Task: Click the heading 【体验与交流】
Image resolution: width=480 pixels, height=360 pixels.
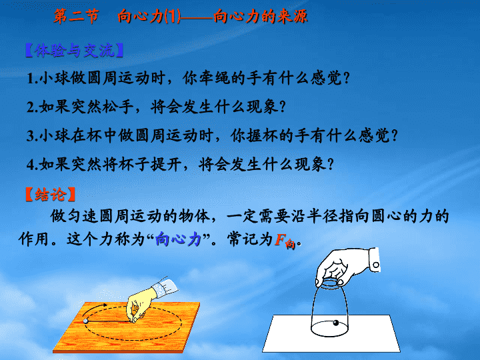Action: pos(75,51)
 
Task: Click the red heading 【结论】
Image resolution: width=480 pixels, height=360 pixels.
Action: pos(51,195)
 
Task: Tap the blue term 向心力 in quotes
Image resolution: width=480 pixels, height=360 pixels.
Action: pos(178,239)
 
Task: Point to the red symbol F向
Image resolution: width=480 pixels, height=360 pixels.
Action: pos(285,241)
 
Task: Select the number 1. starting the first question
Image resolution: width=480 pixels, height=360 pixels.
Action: pos(33,79)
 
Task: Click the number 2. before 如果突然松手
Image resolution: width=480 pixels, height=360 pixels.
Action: pos(33,107)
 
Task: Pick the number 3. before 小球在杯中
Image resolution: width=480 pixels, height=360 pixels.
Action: pos(33,136)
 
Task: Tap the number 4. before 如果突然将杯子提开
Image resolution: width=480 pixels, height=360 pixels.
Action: pos(33,165)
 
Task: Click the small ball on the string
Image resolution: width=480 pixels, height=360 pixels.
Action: pos(85,321)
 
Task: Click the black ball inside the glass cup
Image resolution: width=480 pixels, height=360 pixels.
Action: pos(336,323)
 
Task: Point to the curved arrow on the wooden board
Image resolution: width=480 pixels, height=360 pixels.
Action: pos(94,309)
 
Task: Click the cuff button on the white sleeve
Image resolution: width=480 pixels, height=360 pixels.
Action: pos(376,265)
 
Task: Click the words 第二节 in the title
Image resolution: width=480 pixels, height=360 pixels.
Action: pos(76,16)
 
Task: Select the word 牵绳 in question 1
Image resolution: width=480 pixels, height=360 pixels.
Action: pos(215,79)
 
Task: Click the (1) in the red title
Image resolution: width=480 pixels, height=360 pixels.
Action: pos(172,16)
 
